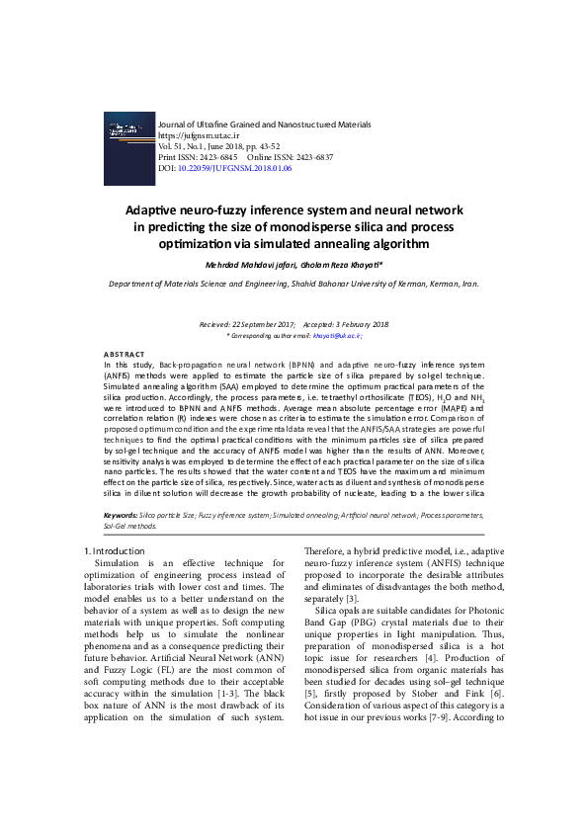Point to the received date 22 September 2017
(260, 325)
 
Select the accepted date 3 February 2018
(361, 325)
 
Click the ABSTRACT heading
(124, 354)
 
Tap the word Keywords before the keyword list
(122, 516)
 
